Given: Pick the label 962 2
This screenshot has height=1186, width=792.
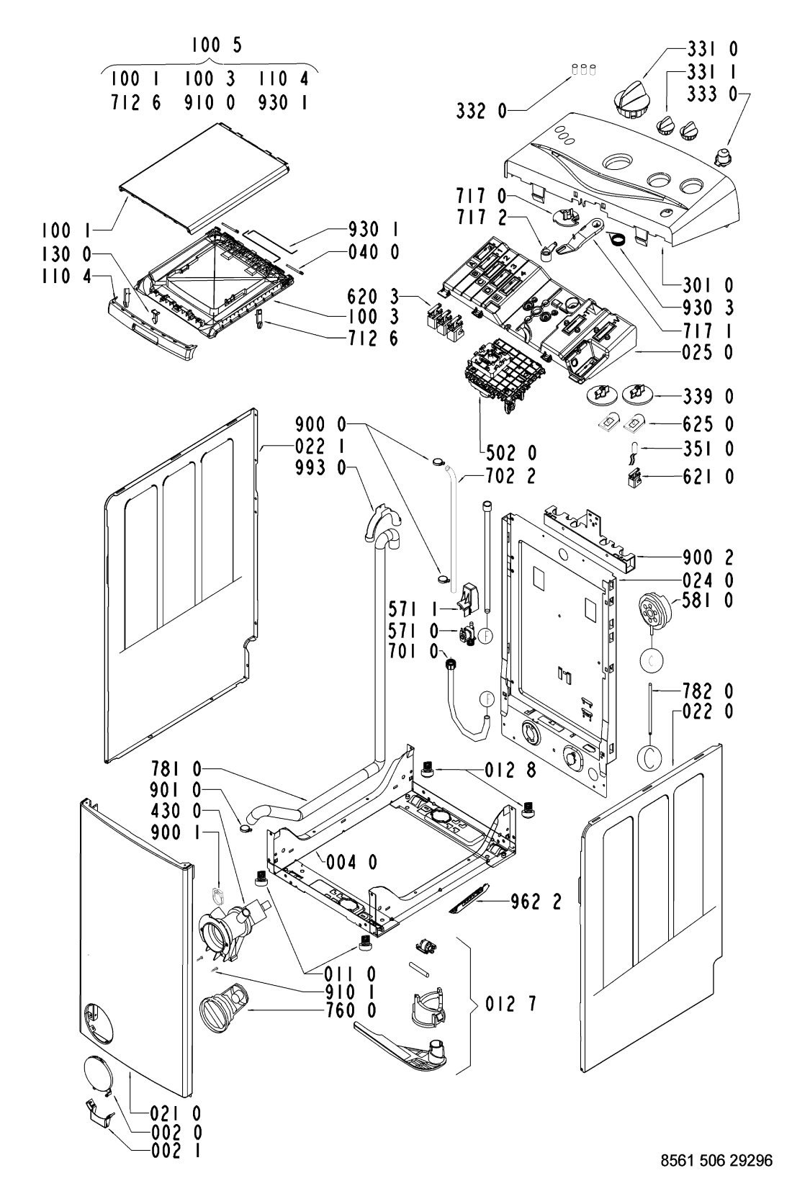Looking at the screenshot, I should (532, 900).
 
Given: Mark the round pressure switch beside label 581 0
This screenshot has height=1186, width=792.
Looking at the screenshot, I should (654, 598).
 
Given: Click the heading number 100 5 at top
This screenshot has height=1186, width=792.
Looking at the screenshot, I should (217, 45).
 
